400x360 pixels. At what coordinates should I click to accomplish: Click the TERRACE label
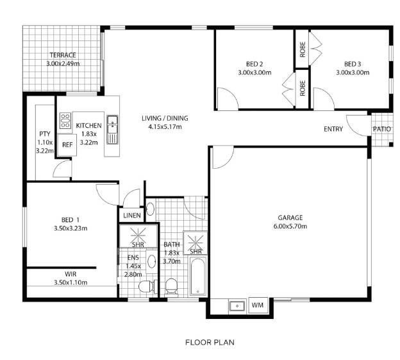click(x=63, y=55)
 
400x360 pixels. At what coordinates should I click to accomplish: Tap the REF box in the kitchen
click(x=67, y=145)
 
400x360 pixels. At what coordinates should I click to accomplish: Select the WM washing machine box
click(x=258, y=305)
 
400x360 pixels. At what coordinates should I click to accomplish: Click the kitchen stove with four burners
click(x=65, y=121)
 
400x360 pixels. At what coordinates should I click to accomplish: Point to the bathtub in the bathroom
click(x=198, y=276)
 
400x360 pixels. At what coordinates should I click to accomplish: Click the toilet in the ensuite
click(x=147, y=286)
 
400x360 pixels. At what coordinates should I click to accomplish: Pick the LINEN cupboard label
click(x=131, y=216)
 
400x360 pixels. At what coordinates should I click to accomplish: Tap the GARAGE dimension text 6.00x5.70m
click(x=290, y=227)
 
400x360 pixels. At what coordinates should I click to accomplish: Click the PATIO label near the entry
click(x=381, y=129)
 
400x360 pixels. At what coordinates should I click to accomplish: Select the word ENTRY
click(x=333, y=129)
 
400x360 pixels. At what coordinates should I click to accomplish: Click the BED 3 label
click(x=353, y=64)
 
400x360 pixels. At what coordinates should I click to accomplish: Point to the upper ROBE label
click(x=303, y=49)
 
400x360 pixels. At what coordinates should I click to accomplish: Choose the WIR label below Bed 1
click(x=71, y=274)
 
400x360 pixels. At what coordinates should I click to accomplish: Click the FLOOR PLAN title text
click(x=210, y=342)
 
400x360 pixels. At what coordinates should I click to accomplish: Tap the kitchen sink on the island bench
click(x=112, y=130)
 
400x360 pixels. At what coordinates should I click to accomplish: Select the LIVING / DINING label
click(x=165, y=118)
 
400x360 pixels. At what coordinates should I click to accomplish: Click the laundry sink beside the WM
click(x=237, y=306)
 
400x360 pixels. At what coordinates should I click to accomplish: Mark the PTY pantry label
click(x=45, y=134)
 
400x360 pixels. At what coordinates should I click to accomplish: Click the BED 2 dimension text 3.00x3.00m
click(x=254, y=73)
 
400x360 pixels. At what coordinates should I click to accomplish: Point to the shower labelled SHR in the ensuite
click(x=138, y=236)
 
